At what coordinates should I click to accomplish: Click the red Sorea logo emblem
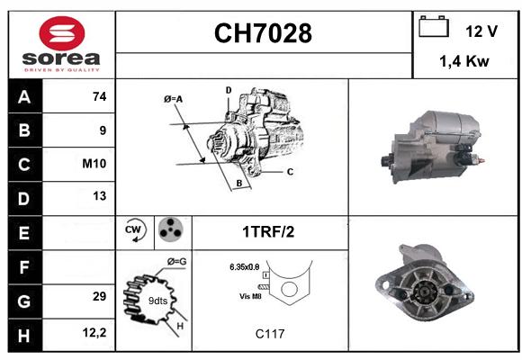click(62, 33)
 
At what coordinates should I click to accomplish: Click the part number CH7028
click(263, 33)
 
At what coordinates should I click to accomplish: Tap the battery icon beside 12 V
click(434, 27)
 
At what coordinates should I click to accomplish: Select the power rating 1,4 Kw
click(464, 61)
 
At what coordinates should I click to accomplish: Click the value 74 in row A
click(100, 96)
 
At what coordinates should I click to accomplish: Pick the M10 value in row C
click(94, 164)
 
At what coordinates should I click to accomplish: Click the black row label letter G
click(24, 301)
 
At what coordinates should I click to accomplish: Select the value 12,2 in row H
click(94, 332)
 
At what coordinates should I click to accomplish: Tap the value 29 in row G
click(100, 296)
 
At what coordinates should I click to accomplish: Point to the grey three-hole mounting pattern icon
click(170, 229)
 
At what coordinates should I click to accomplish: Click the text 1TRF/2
click(268, 232)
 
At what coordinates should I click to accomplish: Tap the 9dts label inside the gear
click(157, 301)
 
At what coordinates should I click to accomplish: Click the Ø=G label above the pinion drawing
click(176, 262)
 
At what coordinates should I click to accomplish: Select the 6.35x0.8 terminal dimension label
click(245, 267)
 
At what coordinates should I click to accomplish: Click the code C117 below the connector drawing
click(270, 334)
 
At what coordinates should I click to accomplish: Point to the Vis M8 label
click(251, 296)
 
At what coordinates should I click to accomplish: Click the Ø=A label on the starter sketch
click(174, 99)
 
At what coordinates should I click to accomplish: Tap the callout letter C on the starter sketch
click(290, 172)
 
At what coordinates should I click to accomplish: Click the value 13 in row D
click(100, 196)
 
